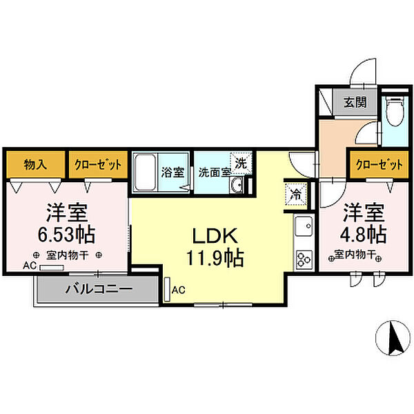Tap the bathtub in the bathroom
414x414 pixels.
click(x=146, y=176)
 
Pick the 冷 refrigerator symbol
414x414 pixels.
click(x=294, y=195)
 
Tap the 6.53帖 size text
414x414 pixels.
click(x=66, y=235)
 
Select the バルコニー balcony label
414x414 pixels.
click(x=99, y=288)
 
